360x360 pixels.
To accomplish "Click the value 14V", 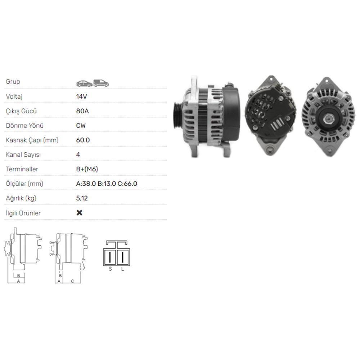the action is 81,96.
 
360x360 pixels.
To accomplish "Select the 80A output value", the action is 82,111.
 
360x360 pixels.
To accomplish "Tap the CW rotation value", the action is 81,126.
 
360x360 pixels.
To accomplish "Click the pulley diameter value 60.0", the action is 83,140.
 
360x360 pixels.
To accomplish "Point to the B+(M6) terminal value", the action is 87,169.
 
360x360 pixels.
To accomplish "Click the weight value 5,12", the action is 82,198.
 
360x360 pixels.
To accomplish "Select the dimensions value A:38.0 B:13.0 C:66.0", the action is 107,184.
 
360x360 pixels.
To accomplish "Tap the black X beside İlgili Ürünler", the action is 80,213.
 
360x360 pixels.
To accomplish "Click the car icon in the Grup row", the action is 85,84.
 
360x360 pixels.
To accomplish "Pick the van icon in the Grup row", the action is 101,84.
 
